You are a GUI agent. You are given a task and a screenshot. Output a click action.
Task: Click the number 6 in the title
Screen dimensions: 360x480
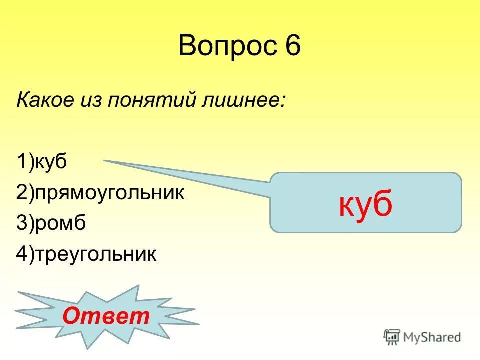click(293, 46)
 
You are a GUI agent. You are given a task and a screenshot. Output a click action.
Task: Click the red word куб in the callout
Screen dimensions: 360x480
click(365, 204)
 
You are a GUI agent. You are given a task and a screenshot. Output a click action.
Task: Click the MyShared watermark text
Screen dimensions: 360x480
click(432, 337)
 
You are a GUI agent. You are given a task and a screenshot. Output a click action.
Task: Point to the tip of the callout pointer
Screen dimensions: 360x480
click(105, 161)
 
